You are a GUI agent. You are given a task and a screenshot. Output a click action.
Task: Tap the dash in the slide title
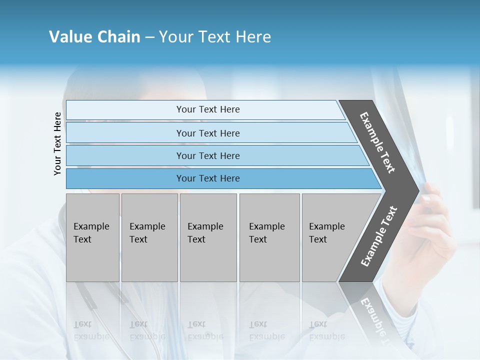coord(149,37)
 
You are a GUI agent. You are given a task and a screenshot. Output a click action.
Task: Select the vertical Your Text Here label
coord(57,143)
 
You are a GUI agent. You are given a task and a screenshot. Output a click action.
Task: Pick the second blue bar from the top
coord(207,133)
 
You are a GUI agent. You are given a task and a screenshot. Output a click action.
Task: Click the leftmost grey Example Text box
coord(92,237)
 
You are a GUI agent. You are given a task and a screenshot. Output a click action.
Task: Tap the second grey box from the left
coord(149,237)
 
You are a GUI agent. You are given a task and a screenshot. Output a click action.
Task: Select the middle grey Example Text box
coord(208,237)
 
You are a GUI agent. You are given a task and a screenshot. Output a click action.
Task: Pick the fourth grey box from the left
coord(269,237)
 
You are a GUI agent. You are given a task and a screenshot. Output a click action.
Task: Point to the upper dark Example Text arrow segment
coord(378,142)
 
